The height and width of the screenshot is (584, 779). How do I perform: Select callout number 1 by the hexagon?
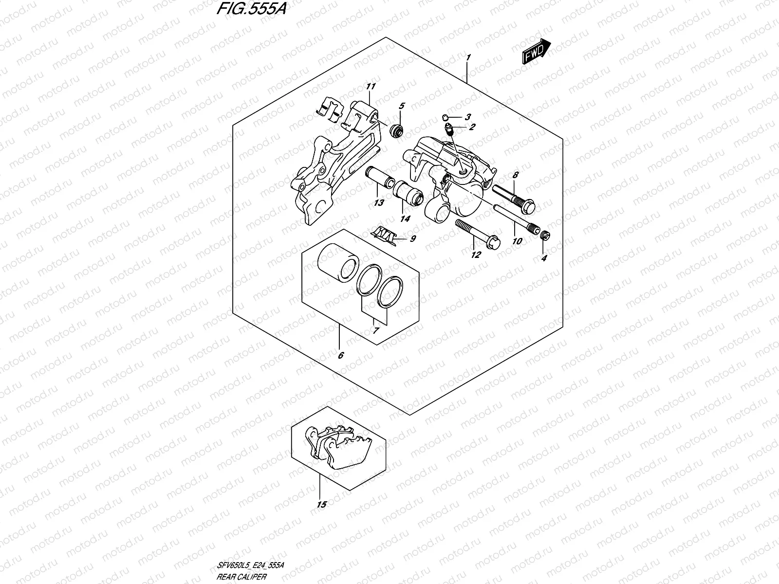pos(468,58)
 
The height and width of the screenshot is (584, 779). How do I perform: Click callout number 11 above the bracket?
pos(371,87)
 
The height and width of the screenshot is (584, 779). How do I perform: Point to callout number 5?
pos(402,106)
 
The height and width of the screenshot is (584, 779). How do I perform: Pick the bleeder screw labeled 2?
pos(450,129)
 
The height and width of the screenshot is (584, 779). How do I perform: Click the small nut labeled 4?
pos(546,236)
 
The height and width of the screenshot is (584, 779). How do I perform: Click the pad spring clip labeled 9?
pos(388,234)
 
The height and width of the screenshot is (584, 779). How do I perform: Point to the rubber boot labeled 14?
pos(408,193)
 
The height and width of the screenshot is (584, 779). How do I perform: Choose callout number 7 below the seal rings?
pos(376,330)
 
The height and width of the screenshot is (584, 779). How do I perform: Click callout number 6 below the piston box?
pos(340,356)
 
